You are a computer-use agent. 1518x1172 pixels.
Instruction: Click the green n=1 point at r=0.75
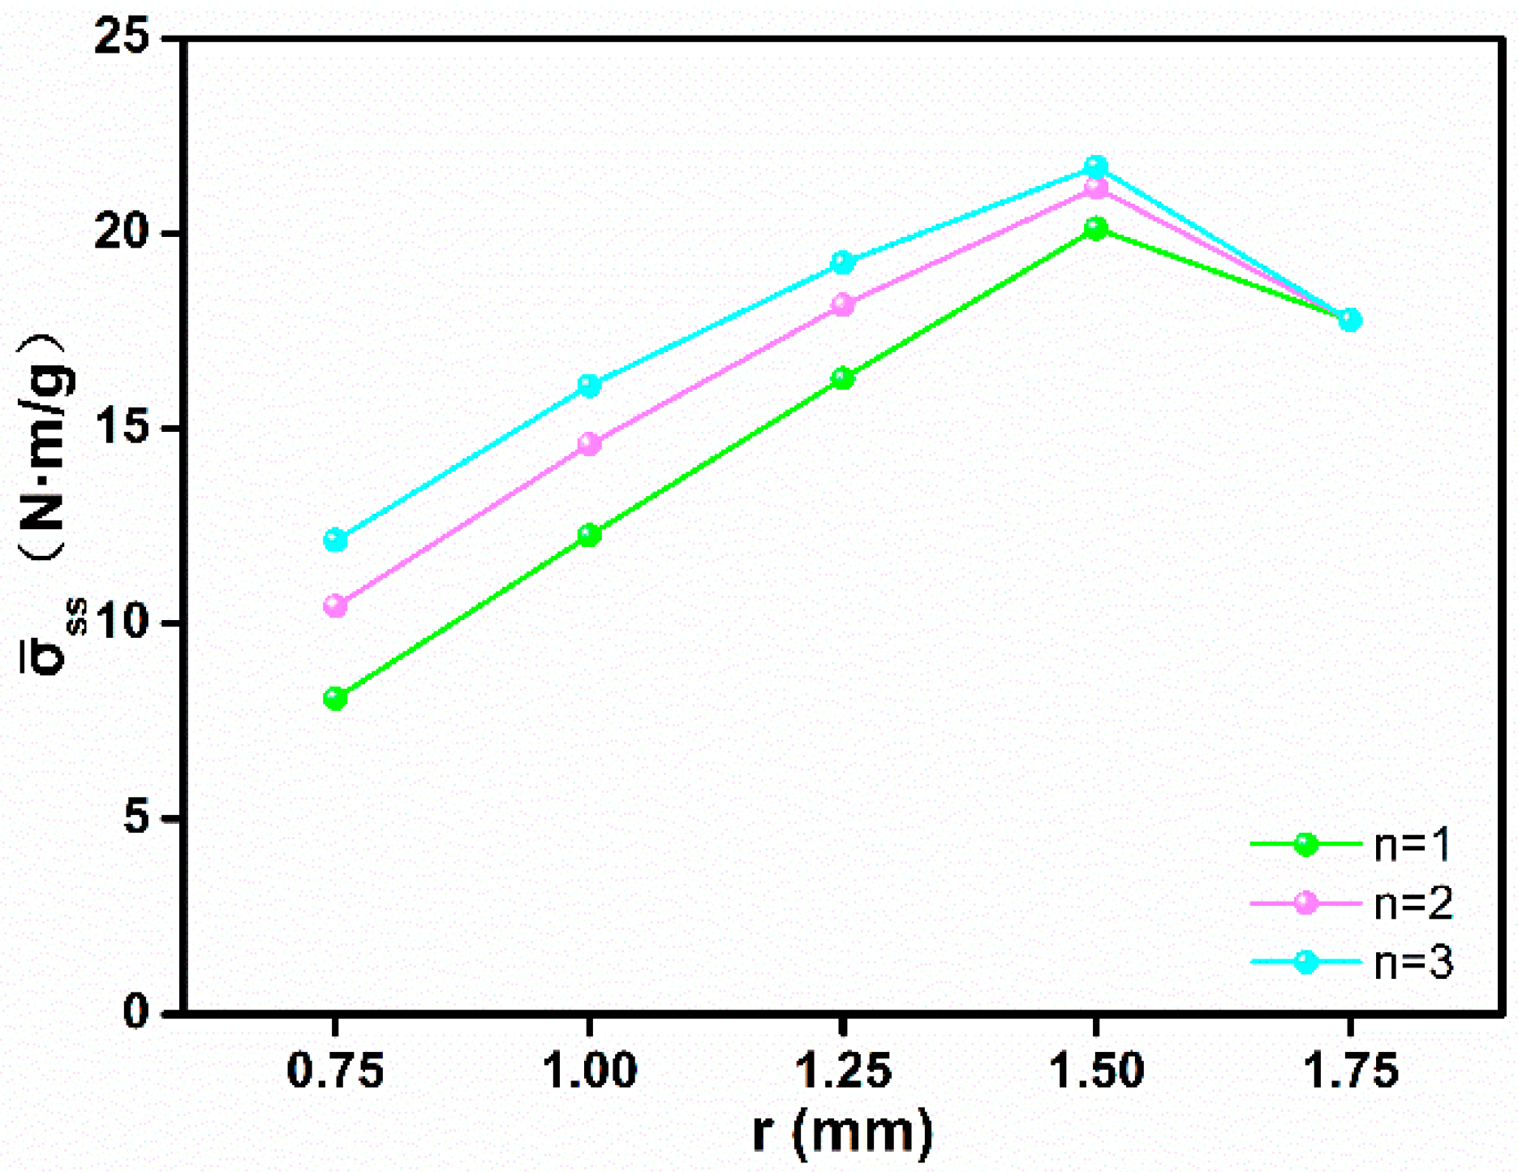(x=335, y=698)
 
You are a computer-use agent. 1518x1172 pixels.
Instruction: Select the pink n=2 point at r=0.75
(x=335, y=605)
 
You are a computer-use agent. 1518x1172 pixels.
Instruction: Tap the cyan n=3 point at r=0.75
(x=335, y=540)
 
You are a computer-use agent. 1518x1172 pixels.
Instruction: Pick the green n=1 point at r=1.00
(x=589, y=535)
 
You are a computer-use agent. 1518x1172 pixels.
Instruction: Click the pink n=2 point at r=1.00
(x=589, y=444)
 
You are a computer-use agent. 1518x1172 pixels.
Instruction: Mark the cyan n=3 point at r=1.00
(x=589, y=386)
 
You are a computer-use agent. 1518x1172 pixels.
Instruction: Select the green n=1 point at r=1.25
(x=843, y=378)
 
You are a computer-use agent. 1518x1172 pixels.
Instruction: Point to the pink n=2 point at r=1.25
(x=843, y=305)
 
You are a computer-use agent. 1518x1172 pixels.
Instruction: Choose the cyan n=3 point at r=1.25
(x=843, y=262)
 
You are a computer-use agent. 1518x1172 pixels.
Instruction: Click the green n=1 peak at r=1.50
(x=1096, y=229)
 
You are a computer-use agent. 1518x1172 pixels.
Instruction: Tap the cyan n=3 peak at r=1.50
(x=1096, y=167)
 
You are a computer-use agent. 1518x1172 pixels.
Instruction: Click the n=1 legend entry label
(x=1413, y=845)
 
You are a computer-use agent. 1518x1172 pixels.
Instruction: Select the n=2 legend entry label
(x=1413, y=903)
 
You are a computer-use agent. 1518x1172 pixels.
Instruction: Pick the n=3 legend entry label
(x=1413, y=963)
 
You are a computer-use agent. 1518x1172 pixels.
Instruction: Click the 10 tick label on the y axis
(x=123, y=623)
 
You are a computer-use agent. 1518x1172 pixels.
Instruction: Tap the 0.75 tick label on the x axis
(x=335, y=1071)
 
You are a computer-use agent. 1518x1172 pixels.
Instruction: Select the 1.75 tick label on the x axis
(x=1351, y=1071)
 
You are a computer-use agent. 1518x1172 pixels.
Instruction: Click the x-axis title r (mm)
(x=843, y=1132)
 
